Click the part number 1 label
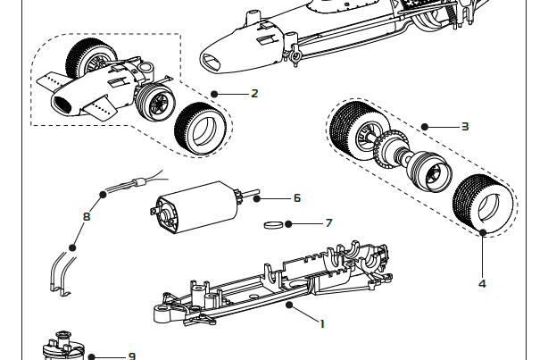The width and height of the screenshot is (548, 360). coord(321,323)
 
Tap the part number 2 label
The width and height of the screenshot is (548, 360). coord(254,93)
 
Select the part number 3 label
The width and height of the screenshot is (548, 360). coord(465,127)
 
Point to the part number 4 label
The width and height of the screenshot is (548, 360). coord(482,283)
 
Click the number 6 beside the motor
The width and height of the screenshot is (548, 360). coord(297,197)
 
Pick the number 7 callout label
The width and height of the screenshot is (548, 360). coord(328,222)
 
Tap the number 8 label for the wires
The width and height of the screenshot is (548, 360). coord(87,216)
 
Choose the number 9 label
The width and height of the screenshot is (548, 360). coord(132,356)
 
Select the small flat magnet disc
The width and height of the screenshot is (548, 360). coord(278,225)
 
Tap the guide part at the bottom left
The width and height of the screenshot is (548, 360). coord(62,347)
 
